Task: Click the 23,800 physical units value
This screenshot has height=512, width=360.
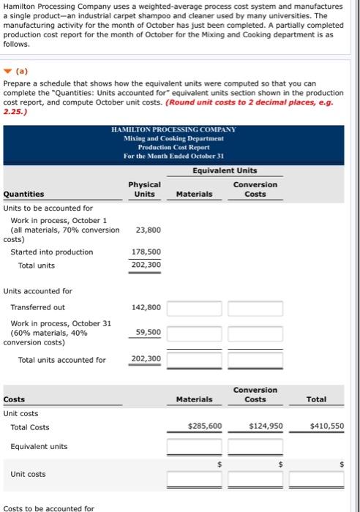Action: pos(146,230)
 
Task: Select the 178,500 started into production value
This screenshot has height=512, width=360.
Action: pos(146,252)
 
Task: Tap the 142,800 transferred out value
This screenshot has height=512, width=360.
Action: pos(146,307)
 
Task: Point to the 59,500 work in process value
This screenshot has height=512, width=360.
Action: pos(149,332)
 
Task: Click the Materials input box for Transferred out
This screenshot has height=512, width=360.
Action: pos(194,308)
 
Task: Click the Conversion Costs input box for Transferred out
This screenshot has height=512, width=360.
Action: pos(255,308)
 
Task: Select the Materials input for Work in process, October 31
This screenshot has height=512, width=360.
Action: pos(194,333)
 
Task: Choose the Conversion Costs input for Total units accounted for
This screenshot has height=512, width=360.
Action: pos(255,359)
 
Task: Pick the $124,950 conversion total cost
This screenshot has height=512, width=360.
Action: pos(266,425)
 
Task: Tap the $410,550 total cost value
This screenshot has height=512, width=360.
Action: pos(326,425)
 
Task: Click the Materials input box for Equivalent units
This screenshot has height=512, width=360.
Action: pos(194,446)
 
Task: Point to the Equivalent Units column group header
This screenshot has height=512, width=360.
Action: pos(225,170)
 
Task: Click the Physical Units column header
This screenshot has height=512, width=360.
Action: pos(144,189)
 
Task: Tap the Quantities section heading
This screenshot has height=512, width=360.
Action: pos(23,194)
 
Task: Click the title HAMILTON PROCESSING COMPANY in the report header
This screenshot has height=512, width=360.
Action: pos(174,129)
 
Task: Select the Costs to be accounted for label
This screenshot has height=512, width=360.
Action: pos(48,508)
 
